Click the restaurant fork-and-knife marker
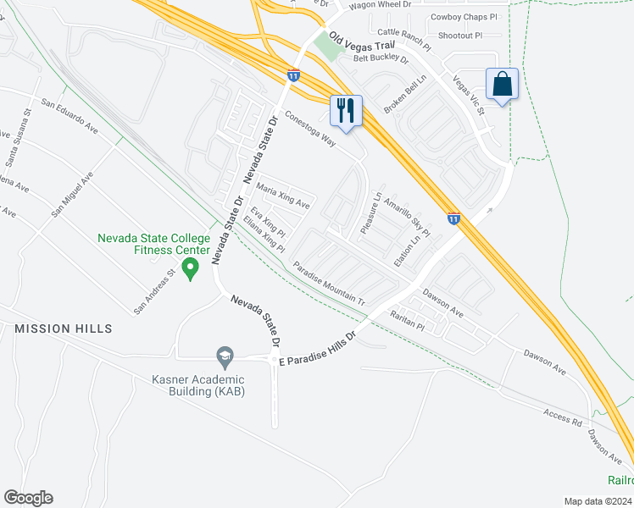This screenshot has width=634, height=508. click(346, 111)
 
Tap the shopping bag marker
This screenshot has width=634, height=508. click(502, 85)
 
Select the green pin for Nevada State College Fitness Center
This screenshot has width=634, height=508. click(191, 269)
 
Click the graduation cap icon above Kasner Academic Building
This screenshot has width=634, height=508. click(225, 356)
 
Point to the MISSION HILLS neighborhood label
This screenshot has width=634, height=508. click(64, 328)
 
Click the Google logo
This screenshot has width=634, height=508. click(28, 498)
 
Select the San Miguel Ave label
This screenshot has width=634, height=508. click(72, 192)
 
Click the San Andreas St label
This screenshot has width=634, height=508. click(153, 289)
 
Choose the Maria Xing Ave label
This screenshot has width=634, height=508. click(282, 198)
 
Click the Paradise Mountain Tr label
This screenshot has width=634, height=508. click(329, 284)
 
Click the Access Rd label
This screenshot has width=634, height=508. click(563, 416)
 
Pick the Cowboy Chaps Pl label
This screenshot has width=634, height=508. click(464, 16)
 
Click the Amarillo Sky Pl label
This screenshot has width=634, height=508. click(408, 217)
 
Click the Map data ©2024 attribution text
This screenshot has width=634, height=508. click(598, 501)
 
